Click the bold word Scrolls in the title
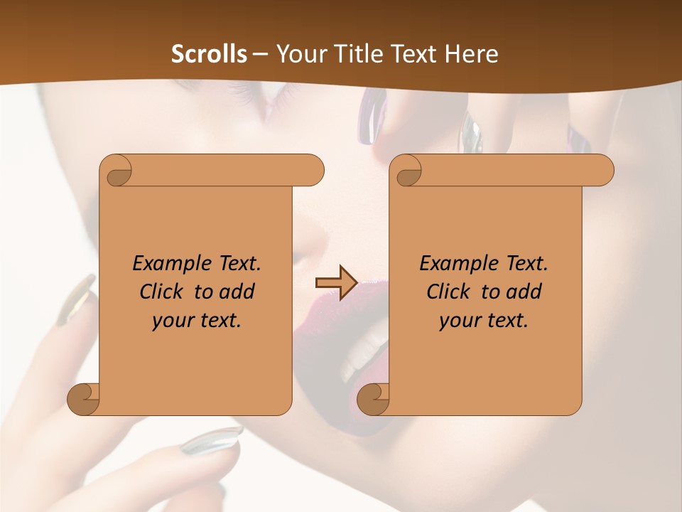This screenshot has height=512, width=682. [210, 54]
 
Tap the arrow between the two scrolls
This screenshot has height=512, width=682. [336, 283]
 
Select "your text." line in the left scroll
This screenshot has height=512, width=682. [196, 321]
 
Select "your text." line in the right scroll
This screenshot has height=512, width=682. [483, 321]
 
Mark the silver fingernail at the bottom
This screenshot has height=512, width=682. [211, 441]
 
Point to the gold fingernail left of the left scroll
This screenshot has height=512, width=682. [76, 299]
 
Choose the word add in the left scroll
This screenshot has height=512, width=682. [237, 292]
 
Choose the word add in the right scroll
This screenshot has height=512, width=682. [524, 292]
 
